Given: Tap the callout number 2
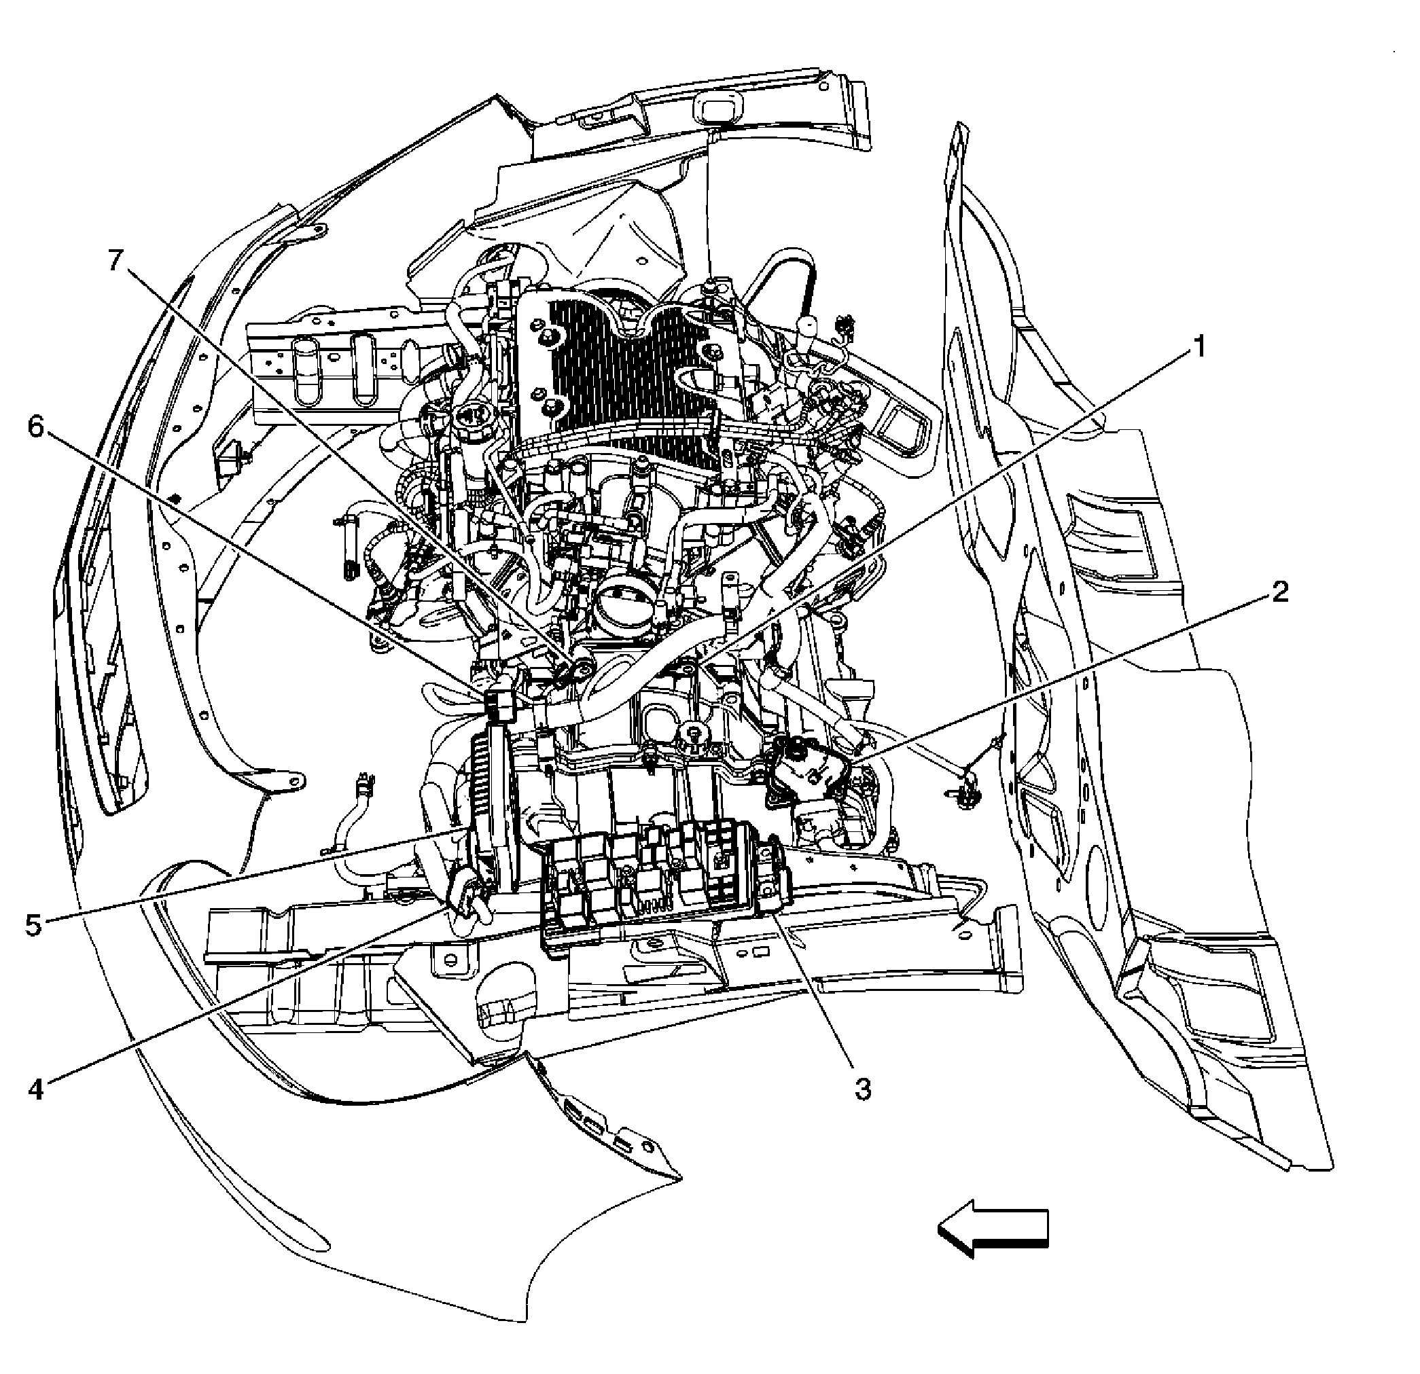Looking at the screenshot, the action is click(x=1279, y=592).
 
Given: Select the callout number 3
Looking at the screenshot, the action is click(x=862, y=1089).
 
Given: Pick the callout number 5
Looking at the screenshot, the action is click(x=33, y=924).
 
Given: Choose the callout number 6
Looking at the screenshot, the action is click(x=36, y=427).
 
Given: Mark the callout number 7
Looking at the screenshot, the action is click(x=116, y=260).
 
